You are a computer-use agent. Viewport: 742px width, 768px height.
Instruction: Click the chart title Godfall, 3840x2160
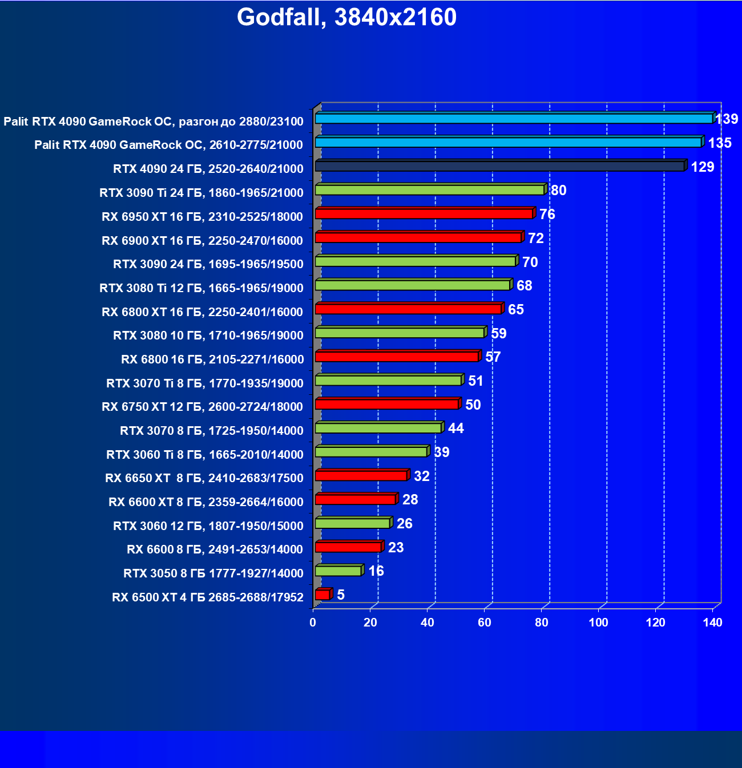346,18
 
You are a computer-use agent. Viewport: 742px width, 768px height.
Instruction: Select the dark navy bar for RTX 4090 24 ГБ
499,166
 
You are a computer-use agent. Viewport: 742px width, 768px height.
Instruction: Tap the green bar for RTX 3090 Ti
429,190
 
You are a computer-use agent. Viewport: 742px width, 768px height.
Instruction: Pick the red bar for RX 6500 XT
322,595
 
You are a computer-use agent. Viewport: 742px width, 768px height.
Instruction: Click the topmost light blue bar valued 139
514,119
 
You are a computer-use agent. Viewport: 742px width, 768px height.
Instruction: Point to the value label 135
720,143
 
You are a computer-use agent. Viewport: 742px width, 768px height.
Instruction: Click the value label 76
547,214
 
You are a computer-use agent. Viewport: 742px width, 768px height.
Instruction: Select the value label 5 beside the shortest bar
341,595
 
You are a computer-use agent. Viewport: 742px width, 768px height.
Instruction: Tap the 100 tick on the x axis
599,623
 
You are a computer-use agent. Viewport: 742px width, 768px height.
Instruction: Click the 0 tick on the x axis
313,623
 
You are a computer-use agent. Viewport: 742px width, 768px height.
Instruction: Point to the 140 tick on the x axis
713,623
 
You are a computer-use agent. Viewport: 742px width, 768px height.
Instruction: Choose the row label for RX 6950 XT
202,217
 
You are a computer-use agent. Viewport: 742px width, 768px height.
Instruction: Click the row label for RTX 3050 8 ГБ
213,573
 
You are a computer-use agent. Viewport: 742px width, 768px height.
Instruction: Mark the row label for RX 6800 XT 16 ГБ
202,312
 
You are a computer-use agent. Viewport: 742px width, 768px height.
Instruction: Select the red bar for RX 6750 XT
386,404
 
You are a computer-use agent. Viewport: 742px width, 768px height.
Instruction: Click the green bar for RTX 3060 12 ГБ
352,523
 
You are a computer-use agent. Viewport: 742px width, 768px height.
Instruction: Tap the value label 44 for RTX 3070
455,428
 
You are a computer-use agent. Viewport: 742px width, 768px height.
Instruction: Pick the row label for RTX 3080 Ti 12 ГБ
201,288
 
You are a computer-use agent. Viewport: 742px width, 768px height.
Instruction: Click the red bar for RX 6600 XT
355,499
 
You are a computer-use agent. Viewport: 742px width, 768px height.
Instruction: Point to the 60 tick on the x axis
485,623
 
